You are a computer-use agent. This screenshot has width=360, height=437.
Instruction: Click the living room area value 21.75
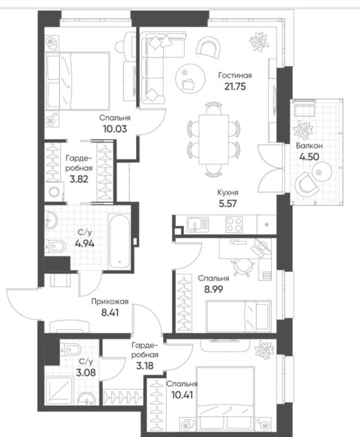(x=235, y=86)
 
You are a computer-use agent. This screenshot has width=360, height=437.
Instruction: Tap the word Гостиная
(x=235, y=75)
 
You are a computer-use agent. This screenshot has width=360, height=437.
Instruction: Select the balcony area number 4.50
(x=309, y=157)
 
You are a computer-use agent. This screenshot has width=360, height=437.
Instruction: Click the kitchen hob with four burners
(x=234, y=225)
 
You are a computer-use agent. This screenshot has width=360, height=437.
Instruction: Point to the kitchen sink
(x=197, y=225)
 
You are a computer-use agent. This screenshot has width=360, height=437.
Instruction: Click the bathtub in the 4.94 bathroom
(x=119, y=241)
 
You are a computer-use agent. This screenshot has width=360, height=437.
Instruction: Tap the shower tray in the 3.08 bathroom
(x=59, y=390)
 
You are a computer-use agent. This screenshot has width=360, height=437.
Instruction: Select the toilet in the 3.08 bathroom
(x=70, y=349)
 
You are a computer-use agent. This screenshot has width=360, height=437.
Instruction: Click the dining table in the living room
(x=214, y=139)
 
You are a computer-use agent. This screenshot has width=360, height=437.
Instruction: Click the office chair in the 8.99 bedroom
(x=243, y=267)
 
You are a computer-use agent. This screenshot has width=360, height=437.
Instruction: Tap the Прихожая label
(x=110, y=301)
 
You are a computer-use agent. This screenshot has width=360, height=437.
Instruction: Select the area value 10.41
(x=182, y=395)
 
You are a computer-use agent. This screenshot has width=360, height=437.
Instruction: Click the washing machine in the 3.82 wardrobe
(x=55, y=191)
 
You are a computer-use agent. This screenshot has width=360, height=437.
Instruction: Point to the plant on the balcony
(x=303, y=129)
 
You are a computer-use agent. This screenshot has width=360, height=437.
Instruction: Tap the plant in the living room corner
(x=259, y=42)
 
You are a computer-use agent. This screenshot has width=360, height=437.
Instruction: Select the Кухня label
(x=227, y=193)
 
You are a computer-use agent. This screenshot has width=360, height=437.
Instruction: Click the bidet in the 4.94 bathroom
(x=56, y=246)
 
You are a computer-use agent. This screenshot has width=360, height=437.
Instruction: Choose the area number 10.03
(x=115, y=129)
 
